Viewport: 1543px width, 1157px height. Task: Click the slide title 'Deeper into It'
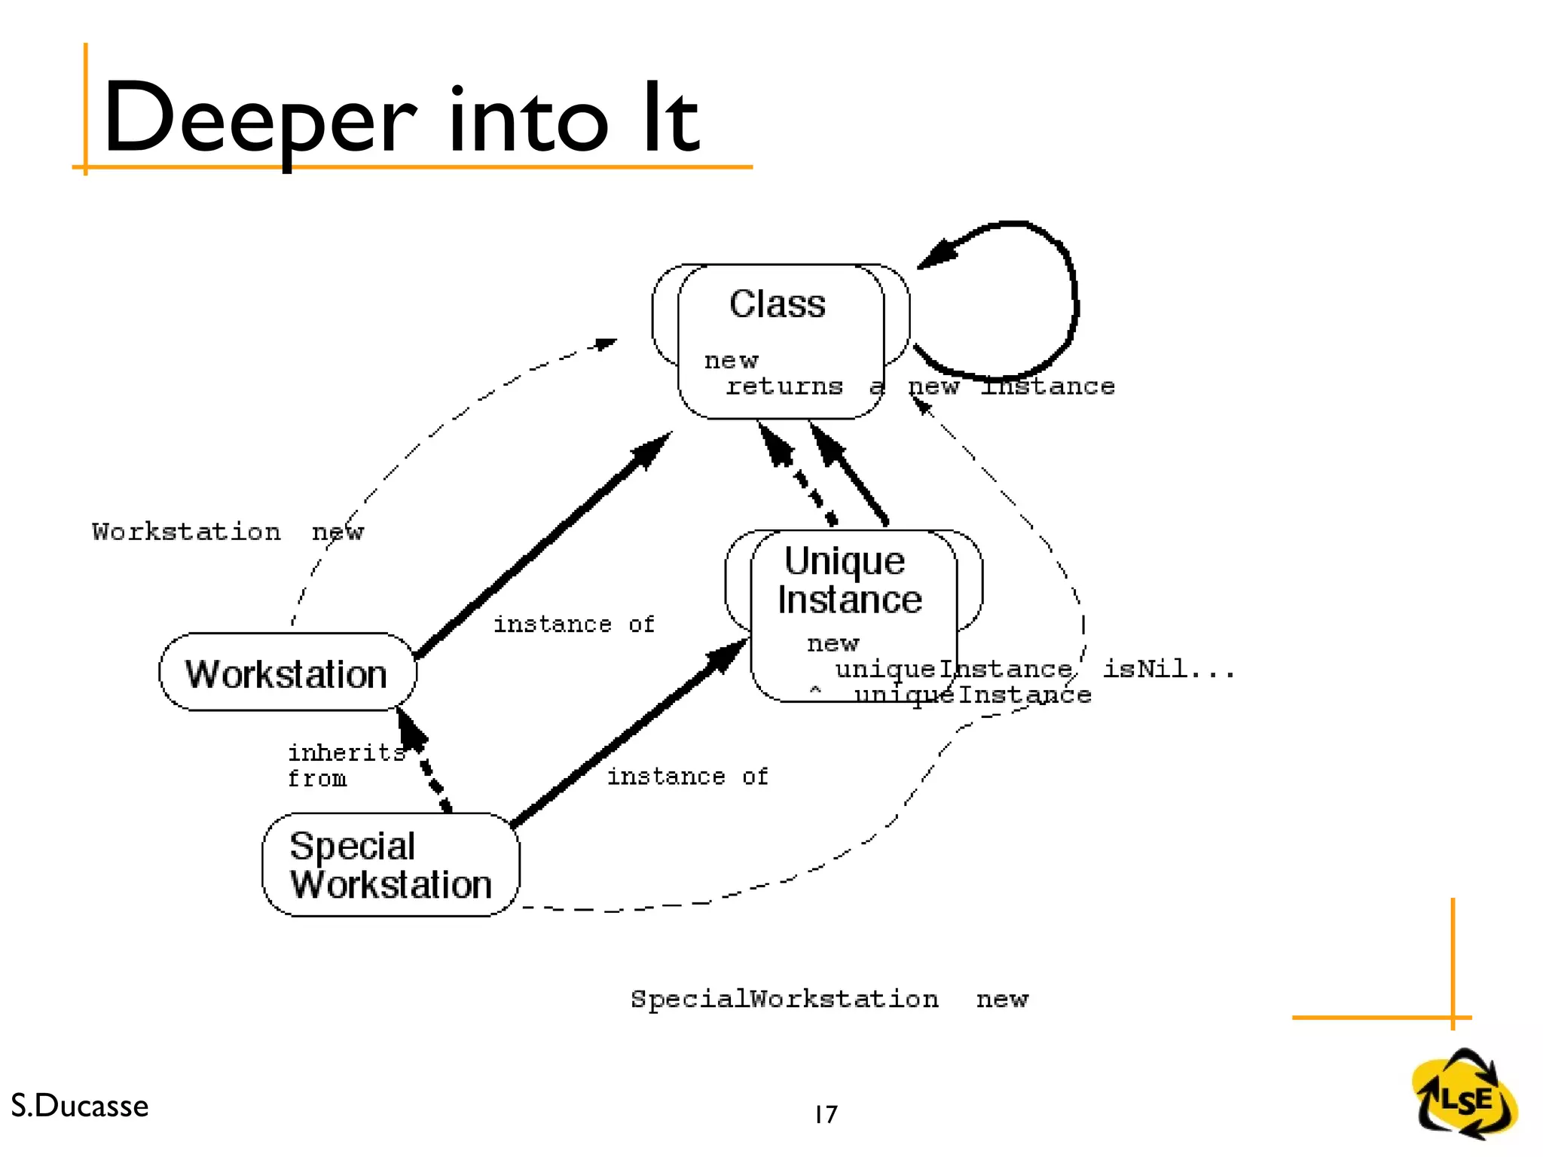(401, 119)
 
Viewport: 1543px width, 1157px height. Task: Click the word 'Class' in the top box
(777, 304)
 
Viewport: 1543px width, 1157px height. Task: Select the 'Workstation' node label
(286, 674)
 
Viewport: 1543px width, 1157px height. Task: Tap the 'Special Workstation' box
(390, 865)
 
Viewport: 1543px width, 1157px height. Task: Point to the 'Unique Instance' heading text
(848, 580)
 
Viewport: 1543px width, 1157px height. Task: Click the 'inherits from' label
(345, 765)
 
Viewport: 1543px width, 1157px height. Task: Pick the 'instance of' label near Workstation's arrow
(573, 624)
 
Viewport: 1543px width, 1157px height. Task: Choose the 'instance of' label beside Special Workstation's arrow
(687, 777)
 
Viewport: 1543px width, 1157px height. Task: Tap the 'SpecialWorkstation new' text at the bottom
(829, 999)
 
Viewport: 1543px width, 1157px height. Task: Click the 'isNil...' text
(1169, 669)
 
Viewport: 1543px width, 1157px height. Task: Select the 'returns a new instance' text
(919, 386)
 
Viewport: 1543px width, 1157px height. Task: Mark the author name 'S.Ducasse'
(80, 1106)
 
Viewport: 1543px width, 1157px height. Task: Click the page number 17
(826, 1114)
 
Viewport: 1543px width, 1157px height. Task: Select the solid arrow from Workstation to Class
(542, 546)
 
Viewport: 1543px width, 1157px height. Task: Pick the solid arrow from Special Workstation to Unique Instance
(629, 734)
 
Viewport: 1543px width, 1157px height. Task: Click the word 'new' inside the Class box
(731, 361)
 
